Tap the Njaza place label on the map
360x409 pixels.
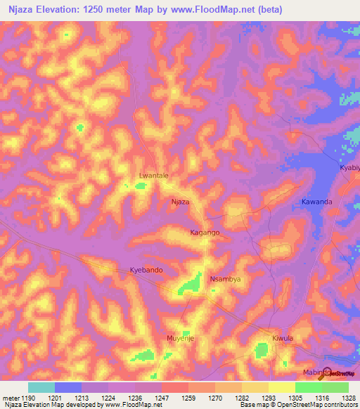[x=181, y=202]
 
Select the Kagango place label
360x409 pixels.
[x=205, y=232]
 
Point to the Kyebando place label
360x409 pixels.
[x=147, y=270]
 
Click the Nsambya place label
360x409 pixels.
[x=226, y=279]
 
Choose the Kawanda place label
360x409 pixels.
[x=316, y=202]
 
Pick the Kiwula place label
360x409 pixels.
[x=282, y=338]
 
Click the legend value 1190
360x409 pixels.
[x=27, y=398]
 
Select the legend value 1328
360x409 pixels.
[x=340, y=398]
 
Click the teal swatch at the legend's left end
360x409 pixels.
[x=41, y=387]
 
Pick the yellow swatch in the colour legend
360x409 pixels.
[x=282, y=387]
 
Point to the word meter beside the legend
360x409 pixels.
[x=11, y=398]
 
